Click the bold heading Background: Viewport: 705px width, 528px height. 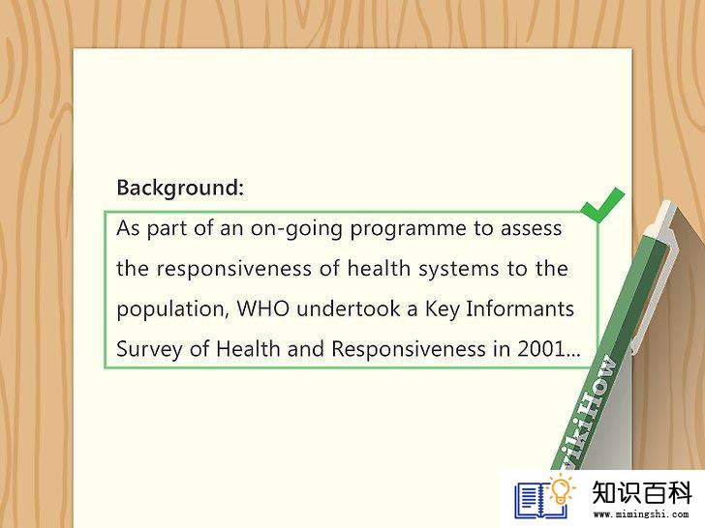(x=180, y=189)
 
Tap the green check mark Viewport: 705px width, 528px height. (x=602, y=206)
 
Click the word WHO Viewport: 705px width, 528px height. (x=263, y=308)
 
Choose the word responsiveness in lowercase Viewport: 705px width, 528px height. (x=233, y=269)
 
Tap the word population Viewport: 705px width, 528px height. (x=172, y=309)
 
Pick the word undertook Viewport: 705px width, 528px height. (x=349, y=308)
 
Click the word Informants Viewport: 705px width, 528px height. (x=520, y=308)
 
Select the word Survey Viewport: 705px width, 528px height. (x=149, y=350)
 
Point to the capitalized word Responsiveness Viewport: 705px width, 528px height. (x=409, y=350)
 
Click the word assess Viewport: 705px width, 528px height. (x=531, y=228)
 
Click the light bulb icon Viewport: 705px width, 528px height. (x=562, y=490)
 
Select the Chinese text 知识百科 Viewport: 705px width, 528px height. (x=642, y=492)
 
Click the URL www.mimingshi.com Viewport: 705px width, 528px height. (x=641, y=514)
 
